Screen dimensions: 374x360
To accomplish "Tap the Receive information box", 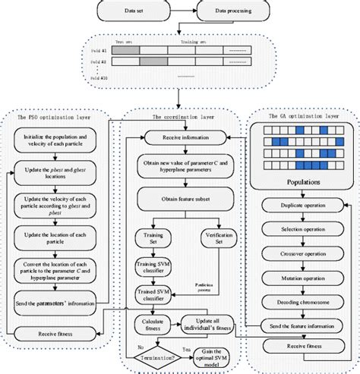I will (182, 137).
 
